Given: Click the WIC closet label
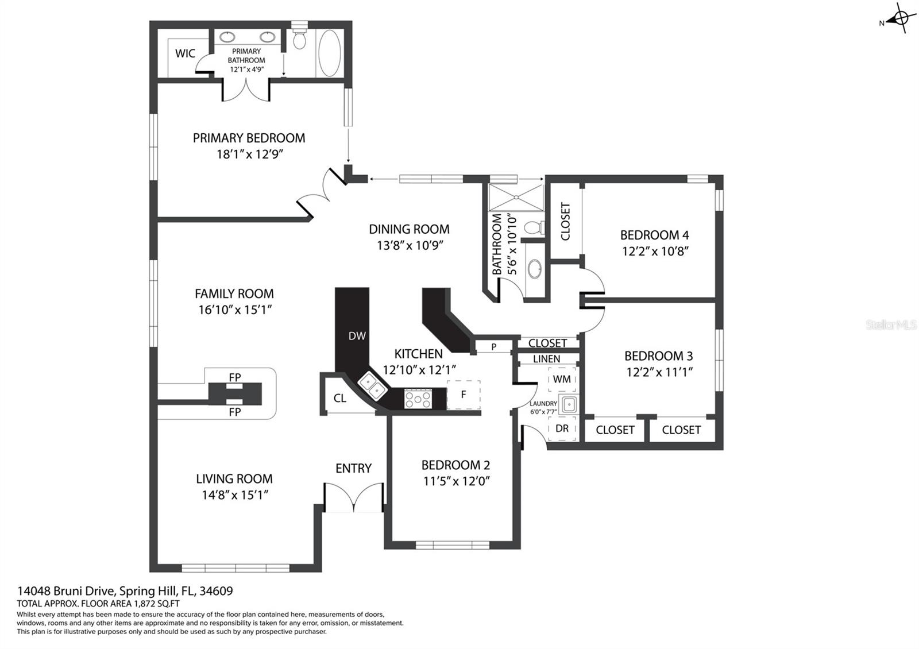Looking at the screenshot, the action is (x=185, y=53).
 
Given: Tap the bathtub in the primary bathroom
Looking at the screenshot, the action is (x=330, y=53).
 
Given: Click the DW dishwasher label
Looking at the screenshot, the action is (x=357, y=336).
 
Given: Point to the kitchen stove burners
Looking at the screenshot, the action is (x=418, y=399).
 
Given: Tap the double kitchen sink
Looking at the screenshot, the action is (x=372, y=386).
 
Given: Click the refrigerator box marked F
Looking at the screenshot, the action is (x=464, y=395).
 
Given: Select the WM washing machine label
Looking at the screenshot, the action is (x=562, y=379).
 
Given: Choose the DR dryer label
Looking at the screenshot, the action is (x=562, y=428).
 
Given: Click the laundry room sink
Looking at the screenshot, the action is (x=569, y=405).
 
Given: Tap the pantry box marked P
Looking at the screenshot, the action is (x=494, y=347).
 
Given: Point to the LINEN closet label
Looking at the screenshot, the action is (x=546, y=359).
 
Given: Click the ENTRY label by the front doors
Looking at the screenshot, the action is (x=353, y=468).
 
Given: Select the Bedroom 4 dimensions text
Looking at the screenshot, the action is (x=655, y=251).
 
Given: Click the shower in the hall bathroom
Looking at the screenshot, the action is (x=516, y=198).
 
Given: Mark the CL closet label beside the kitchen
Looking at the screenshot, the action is (x=339, y=399).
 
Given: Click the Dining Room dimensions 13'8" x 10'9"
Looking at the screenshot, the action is (x=410, y=245).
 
